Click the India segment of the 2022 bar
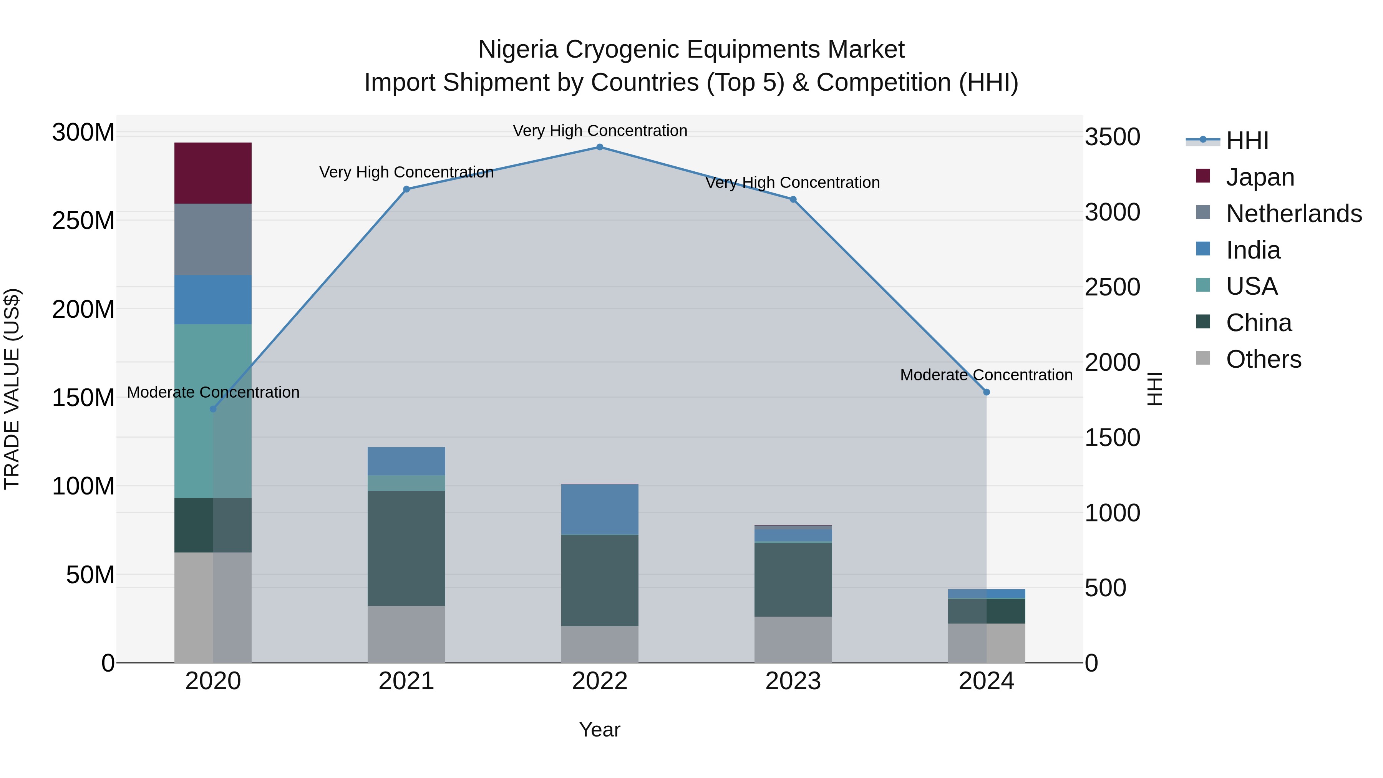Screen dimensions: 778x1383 600,509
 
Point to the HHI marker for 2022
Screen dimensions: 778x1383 600,147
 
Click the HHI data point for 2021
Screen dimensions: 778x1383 406,189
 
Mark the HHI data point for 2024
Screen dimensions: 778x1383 986,393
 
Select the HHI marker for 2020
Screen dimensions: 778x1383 213,409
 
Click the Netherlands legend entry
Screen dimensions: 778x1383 1293,214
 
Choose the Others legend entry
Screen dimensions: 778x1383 1263,359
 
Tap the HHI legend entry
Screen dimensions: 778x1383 1247,141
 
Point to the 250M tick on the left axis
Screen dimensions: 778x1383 83,221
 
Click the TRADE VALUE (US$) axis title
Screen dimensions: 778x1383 12,389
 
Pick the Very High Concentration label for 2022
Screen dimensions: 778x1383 600,131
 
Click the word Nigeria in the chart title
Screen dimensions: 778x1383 518,50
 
